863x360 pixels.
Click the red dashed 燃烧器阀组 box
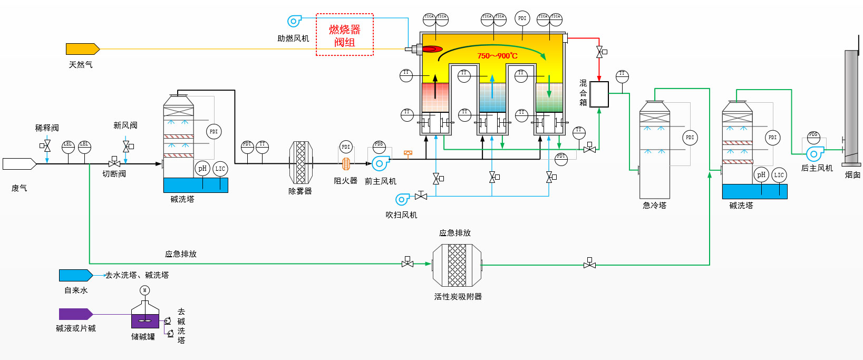point(345,35)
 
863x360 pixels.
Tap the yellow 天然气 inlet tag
point(82,49)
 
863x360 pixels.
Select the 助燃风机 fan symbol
point(294,21)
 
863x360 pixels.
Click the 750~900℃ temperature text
point(497,56)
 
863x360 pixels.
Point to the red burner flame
point(432,49)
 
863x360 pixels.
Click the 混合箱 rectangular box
point(599,94)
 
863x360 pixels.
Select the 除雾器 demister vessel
point(300,162)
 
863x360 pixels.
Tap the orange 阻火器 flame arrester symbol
point(346,164)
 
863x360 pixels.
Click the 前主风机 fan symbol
point(380,163)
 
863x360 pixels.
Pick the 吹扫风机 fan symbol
point(402,199)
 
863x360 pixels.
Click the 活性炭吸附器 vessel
point(457,265)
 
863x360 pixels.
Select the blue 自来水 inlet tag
point(75,275)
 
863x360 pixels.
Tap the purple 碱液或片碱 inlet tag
point(75,314)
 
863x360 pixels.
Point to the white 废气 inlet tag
point(19,164)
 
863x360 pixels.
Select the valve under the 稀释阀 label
point(47,145)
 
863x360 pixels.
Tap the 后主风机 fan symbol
point(814,153)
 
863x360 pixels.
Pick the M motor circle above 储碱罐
point(145,290)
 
